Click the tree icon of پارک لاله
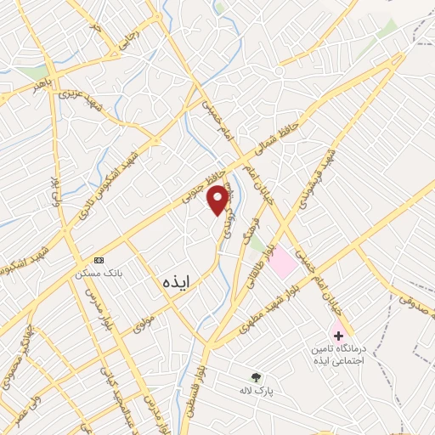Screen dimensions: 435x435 [x=256, y=376]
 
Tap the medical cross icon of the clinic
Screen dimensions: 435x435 [x=339, y=336]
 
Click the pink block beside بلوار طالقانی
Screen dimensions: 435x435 [x=283, y=261]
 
